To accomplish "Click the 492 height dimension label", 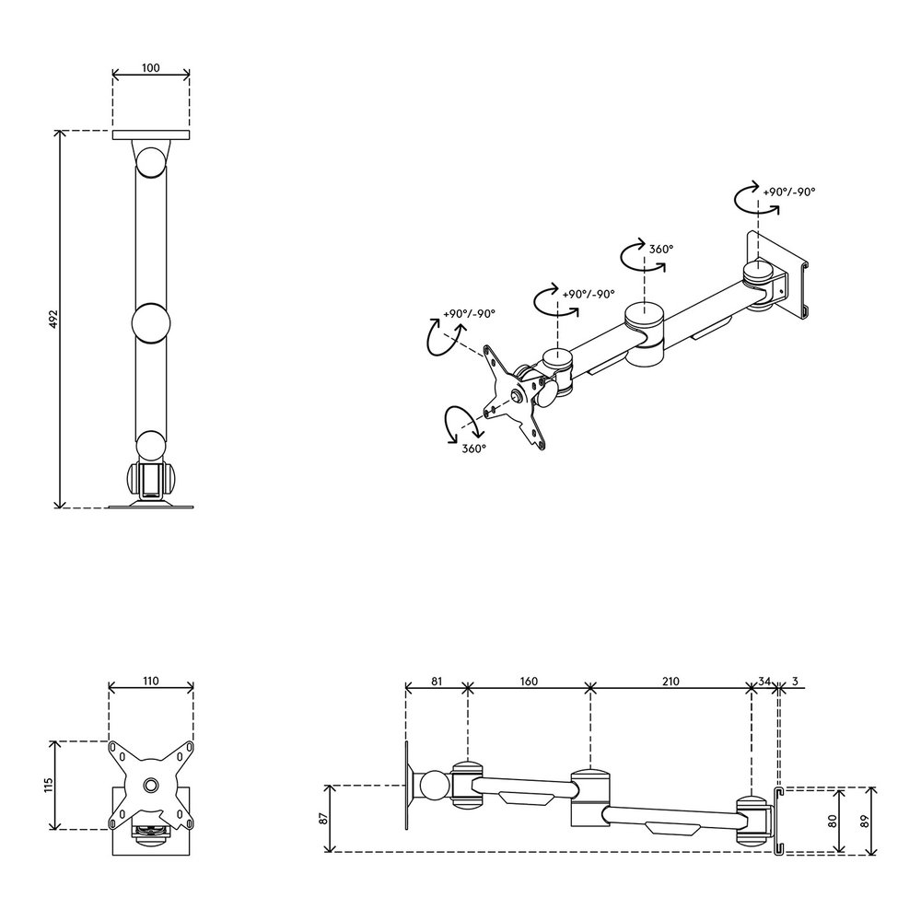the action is (52, 319).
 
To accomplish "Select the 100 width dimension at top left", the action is (151, 68).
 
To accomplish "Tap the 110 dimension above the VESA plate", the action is (151, 682).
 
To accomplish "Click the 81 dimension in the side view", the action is (437, 682).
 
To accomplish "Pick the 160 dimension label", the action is (529, 682).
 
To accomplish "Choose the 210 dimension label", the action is (670, 682).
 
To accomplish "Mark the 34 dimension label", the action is (764, 682).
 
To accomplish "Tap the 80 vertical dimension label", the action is (833, 819).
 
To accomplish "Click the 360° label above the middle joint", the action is (661, 249).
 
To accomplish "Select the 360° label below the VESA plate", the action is (473, 448).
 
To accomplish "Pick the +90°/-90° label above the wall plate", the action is (788, 192).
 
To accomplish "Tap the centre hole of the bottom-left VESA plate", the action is (151, 786).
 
